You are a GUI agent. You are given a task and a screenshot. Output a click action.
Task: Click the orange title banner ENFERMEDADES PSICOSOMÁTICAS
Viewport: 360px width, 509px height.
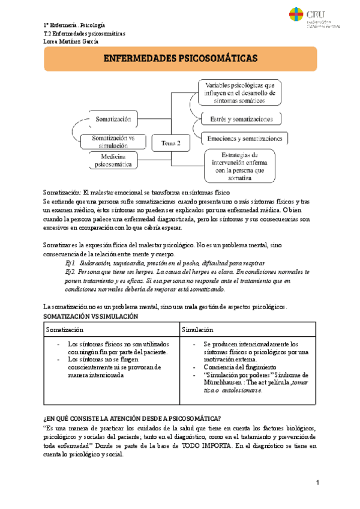click(x=180, y=59)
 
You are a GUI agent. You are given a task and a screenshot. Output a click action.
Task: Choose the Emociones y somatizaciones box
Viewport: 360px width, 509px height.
click(x=246, y=138)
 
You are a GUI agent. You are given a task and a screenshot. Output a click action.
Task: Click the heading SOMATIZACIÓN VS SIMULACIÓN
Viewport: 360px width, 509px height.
click(x=91, y=316)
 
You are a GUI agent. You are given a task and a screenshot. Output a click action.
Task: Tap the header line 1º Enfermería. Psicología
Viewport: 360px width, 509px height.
click(x=74, y=25)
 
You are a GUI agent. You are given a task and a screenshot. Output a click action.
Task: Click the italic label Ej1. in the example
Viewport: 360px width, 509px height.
click(x=70, y=263)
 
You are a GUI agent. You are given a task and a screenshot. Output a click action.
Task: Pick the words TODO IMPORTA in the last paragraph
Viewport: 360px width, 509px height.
click(x=203, y=445)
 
